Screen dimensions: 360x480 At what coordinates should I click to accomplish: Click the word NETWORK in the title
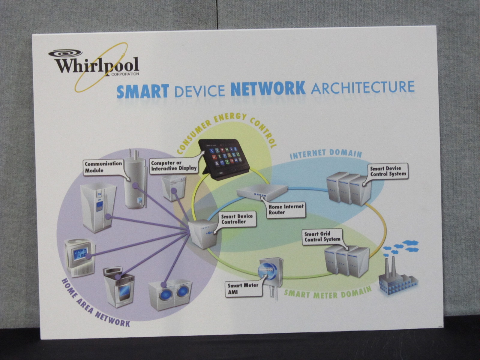point(268,88)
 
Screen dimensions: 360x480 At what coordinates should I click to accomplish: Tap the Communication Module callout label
point(103,167)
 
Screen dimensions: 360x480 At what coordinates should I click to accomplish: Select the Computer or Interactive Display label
point(173,166)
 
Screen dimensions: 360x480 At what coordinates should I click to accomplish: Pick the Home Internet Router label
point(286,209)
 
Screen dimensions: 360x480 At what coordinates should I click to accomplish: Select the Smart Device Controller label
point(237,219)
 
